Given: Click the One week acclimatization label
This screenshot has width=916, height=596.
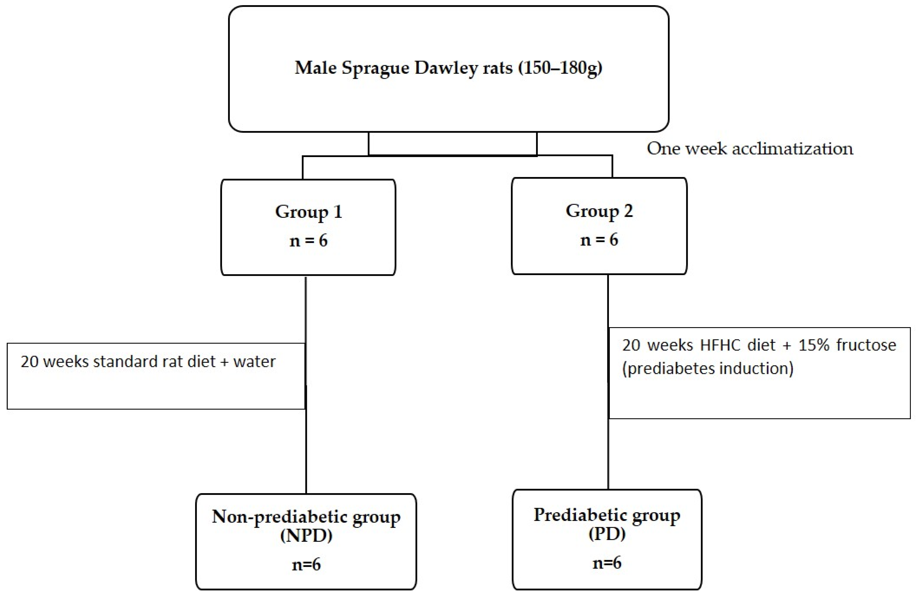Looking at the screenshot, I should (750, 149).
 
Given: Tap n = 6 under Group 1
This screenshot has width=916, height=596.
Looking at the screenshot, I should (308, 241).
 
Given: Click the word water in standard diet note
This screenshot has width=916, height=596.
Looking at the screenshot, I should (254, 362).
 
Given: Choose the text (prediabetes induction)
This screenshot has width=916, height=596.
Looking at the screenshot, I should (707, 368).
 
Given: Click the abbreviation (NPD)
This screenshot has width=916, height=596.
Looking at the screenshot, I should (306, 536).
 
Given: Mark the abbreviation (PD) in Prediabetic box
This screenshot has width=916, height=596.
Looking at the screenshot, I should (607, 534).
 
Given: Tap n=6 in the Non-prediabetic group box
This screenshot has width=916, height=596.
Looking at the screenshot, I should (306, 564).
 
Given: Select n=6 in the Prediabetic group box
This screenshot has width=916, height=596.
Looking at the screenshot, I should (607, 563).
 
